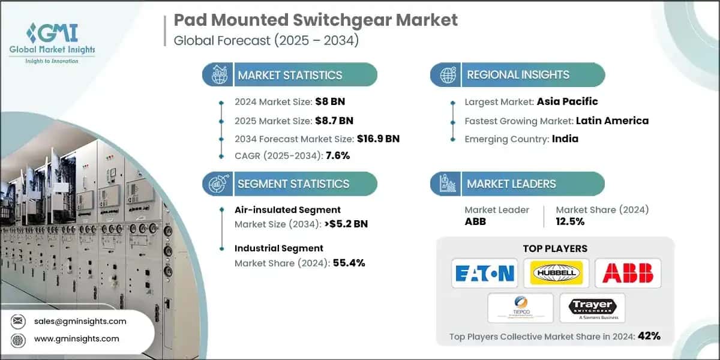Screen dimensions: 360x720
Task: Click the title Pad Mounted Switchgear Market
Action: pyautogui.click(x=316, y=20)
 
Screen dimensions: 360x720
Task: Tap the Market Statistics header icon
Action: pyautogui.click(x=218, y=75)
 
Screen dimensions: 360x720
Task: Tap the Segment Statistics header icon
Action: pyautogui.click(x=218, y=184)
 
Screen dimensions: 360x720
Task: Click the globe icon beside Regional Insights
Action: pyautogui.click(x=446, y=75)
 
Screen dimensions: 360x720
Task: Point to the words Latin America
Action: pyautogui.click(x=612, y=121)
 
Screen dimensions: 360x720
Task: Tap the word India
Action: pyautogui.click(x=565, y=139)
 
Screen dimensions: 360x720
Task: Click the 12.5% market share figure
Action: pyautogui.click(x=570, y=221)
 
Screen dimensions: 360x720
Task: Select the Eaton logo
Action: pyautogui.click(x=484, y=274)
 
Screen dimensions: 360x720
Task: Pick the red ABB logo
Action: pyautogui.click(x=628, y=274)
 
